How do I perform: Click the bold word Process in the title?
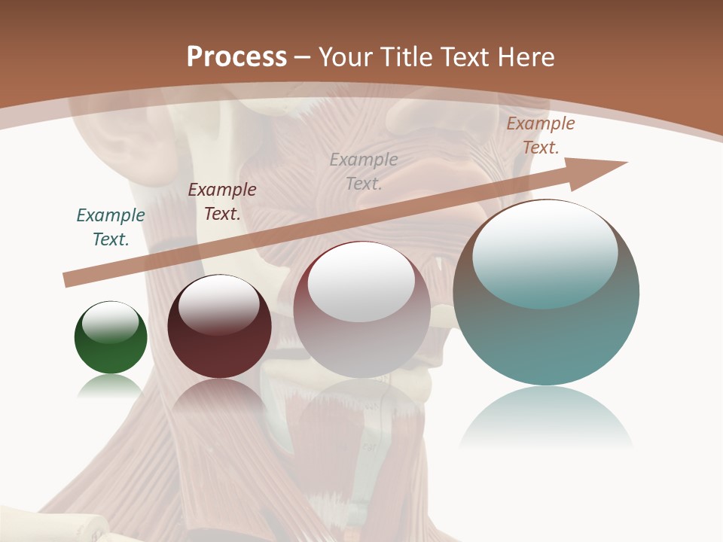point(236,57)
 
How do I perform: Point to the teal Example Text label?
point(111,227)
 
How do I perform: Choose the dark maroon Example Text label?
point(222,202)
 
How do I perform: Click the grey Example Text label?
point(364,171)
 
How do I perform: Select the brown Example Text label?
point(541,135)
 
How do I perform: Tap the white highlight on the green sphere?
point(110,322)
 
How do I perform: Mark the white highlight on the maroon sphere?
point(218,303)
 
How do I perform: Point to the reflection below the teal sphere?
point(546,422)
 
